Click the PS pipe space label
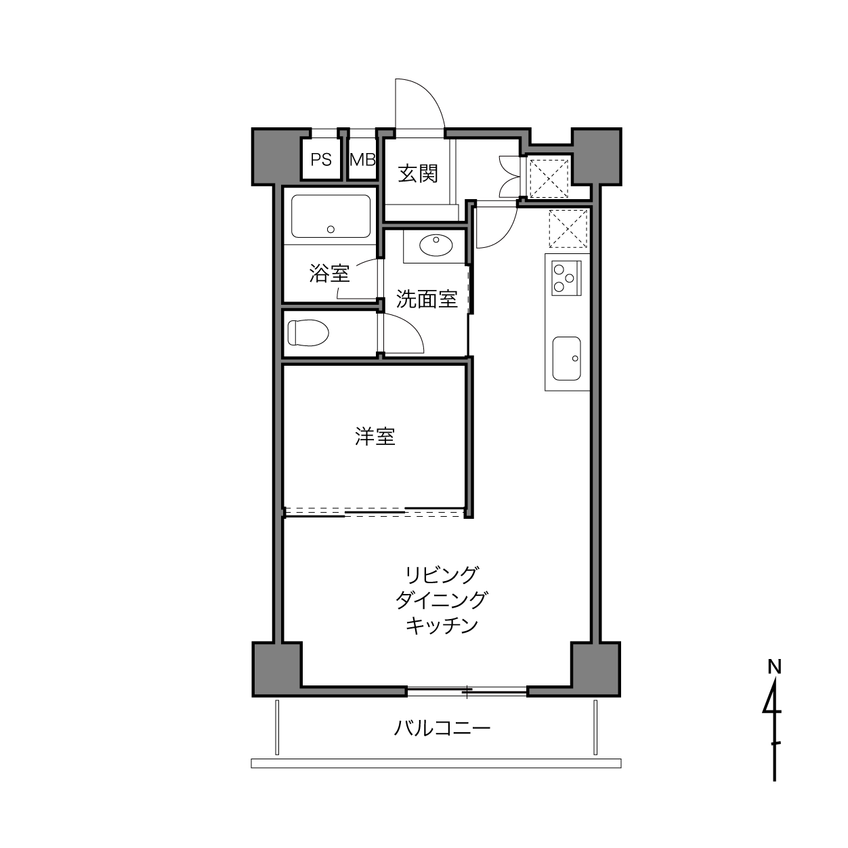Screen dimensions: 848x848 (x=321, y=160)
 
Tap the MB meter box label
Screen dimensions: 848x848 (x=362, y=160)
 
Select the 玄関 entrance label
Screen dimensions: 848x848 (x=418, y=173)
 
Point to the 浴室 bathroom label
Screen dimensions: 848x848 (x=329, y=274)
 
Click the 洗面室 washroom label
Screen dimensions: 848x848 (x=427, y=299)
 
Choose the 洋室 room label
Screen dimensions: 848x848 (x=375, y=437)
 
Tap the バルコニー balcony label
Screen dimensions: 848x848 (x=442, y=729)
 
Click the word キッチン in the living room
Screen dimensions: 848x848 (x=442, y=625)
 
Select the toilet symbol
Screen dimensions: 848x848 (x=308, y=333)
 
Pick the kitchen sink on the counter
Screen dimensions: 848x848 (x=566, y=358)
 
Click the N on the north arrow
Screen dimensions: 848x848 (x=774, y=666)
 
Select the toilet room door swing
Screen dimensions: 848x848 (x=404, y=333)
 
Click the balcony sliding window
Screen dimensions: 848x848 (x=467, y=691)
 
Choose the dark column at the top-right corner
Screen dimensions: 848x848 (x=596, y=156)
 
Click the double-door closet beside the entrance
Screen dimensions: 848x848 (x=509, y=175)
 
